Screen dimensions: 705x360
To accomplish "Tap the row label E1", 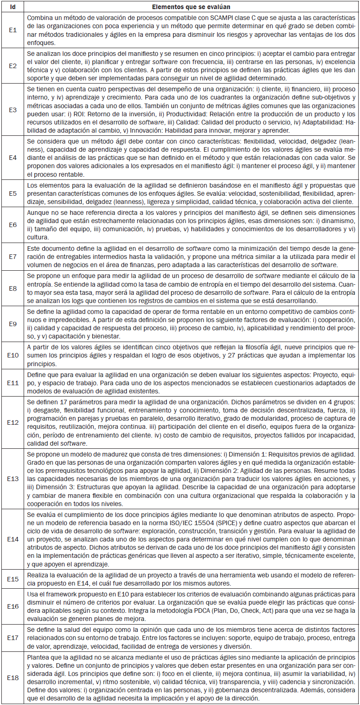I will pyautogui.click(x=13, y=30).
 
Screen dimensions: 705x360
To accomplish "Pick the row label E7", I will pyautogui.click(x=13, y=256).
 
